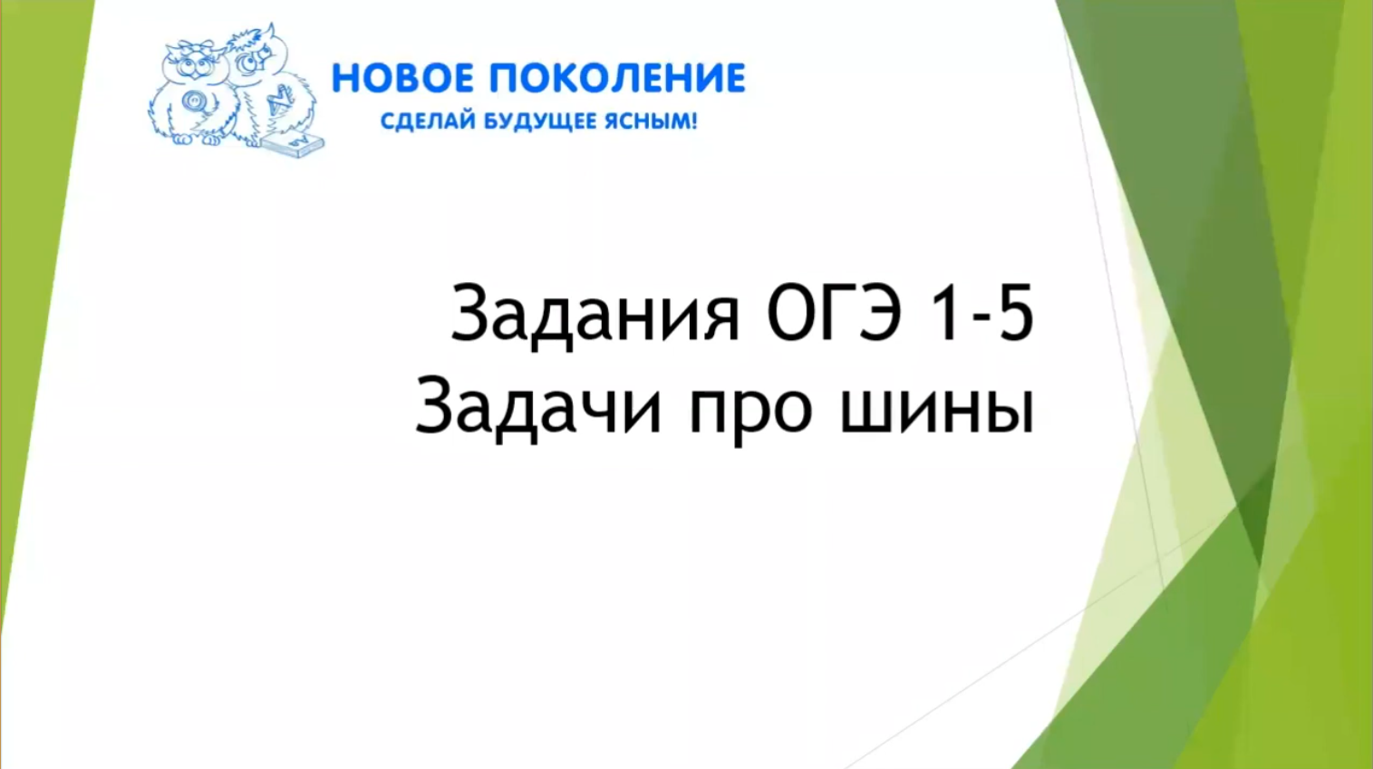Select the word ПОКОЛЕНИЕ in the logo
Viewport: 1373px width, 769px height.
click(x=617, y=79)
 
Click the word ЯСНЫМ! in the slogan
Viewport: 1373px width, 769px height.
click(x=652, y=121)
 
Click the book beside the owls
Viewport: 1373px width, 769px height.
click(x=296, y=144)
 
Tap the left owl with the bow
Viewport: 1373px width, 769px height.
click(x=192, y=95)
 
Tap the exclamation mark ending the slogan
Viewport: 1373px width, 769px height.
click(x=693, y=121)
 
